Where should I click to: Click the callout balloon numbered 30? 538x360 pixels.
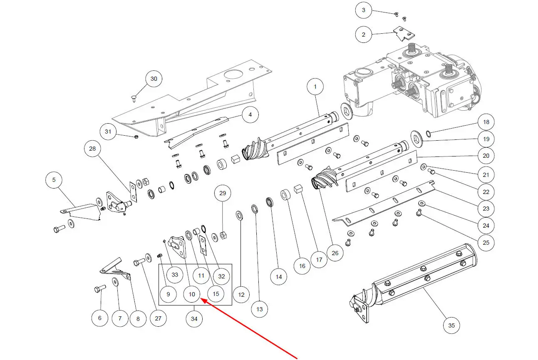(x=154, y=79)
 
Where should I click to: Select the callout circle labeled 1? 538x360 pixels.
(x=315, y=87)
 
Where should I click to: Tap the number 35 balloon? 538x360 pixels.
(x=451, y=325)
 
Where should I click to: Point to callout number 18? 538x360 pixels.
(x=486, y=122)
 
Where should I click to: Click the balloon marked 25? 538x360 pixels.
(x=486, y=242)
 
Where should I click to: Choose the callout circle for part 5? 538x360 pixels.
(x=54, y=180)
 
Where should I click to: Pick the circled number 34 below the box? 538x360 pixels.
(x=194, y=319)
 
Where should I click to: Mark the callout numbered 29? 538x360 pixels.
(x=223, y=194)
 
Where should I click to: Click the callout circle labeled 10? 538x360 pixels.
(x=191, y=294)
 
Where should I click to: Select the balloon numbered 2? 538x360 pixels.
(x=364, y=35)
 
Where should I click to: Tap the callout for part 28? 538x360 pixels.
(x=92, y=149)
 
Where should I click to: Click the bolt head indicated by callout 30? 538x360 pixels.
(x=134, y=98)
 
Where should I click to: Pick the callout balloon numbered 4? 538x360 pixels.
(x=250, y=115)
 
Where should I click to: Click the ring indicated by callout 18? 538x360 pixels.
(x=428, y=134)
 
